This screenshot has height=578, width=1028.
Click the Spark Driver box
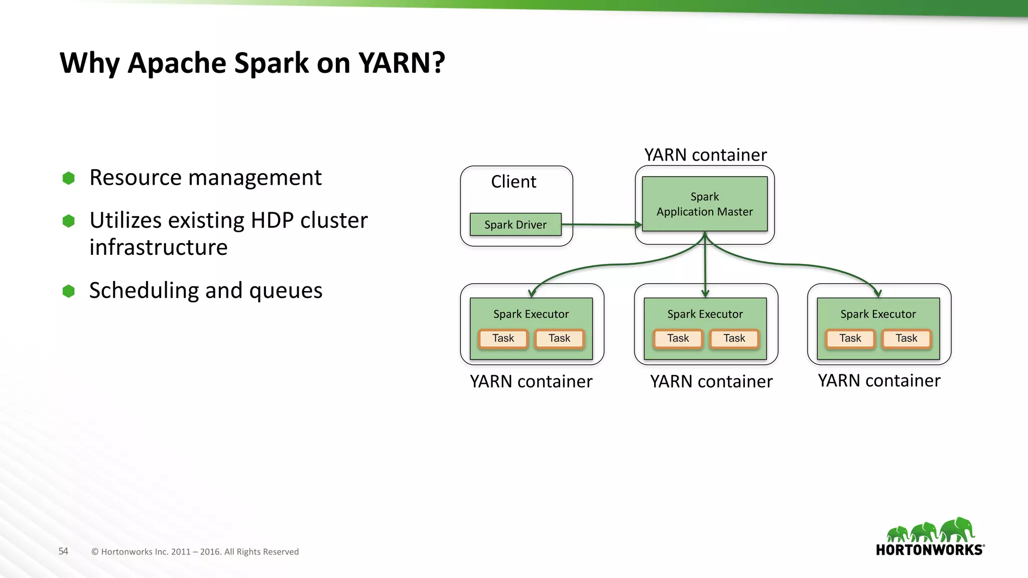[x=516, y=224]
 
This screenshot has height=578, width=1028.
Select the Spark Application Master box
[x=704, y=204]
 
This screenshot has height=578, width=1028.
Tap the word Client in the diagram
[x=513, y=182]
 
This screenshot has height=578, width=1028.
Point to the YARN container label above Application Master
[x=705, y=155]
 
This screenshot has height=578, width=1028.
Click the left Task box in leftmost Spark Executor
[x=503, y=338]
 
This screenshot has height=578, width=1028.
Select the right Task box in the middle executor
[x=734, y=338]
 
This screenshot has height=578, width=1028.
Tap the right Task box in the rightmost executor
[x=906, y=338]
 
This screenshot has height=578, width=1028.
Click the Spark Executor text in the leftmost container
[x=531, y=314]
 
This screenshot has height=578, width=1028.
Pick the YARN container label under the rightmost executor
[x=879, y=381]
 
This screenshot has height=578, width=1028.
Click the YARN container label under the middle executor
[x=711, y=382]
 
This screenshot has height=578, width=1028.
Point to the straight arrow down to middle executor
[x=705, y=266]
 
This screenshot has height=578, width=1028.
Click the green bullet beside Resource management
[x=69, y=178]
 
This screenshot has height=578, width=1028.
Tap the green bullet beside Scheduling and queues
[x=69, y=291]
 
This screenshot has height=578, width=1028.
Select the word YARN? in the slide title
[x=402, y=63]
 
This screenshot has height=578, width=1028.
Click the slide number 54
[x=63, y=551]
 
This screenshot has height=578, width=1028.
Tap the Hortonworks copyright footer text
[x=195, y=552]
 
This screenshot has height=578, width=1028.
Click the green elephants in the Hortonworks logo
[x=930, y=530]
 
